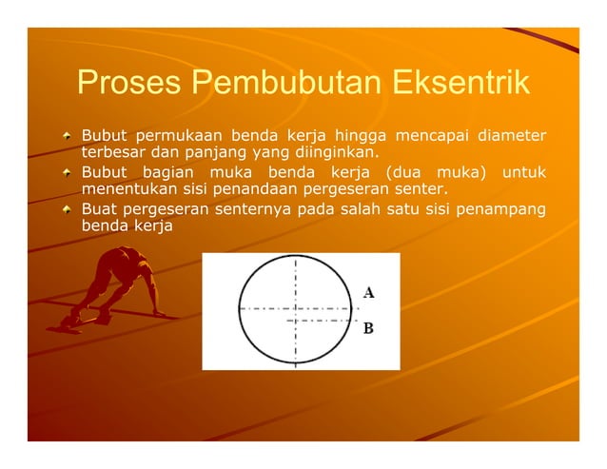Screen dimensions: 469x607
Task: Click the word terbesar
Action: pyautogui.click(x=112, y=152)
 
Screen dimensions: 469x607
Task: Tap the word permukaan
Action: pyautogui.click(x=180, y=135)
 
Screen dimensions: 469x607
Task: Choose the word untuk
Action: pyautogui.click(x=524, y=171)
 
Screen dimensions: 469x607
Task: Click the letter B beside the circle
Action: pyautogui.click(x=368, y=329)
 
